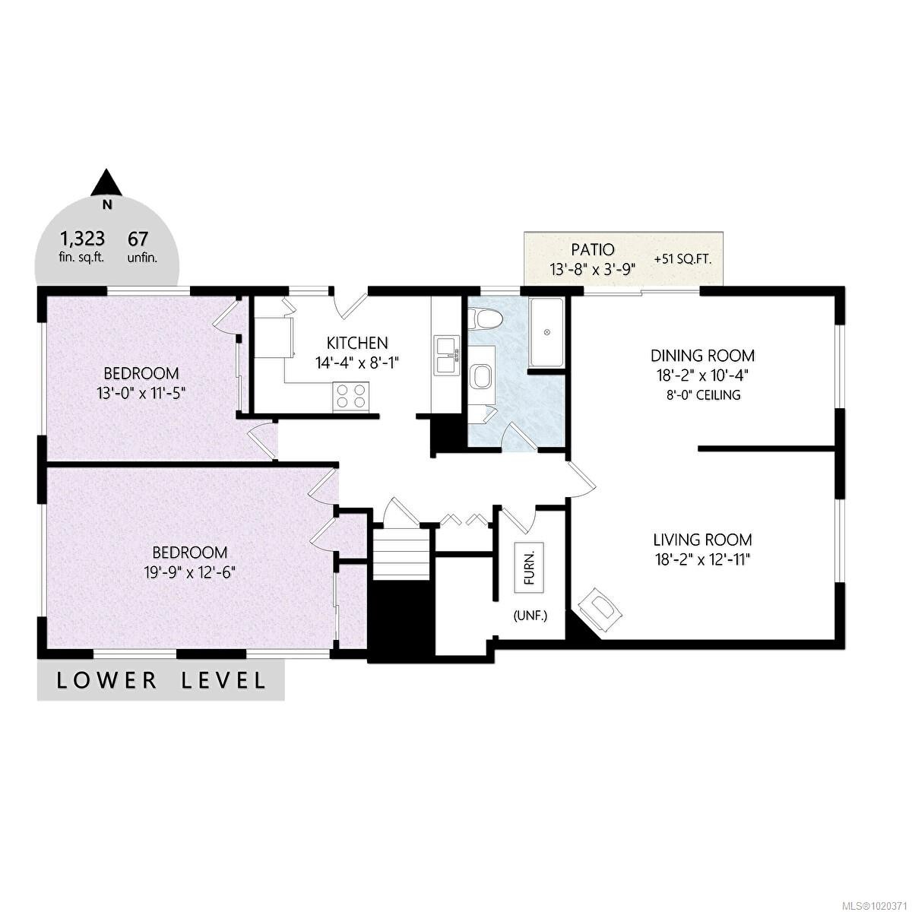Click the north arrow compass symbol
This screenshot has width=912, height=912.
107,183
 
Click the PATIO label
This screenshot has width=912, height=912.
592,249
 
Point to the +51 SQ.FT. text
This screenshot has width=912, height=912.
682,259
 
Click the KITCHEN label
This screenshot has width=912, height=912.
357,343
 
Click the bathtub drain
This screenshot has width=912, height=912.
546,332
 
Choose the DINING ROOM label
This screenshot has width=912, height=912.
702,355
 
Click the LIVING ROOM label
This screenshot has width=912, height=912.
702,540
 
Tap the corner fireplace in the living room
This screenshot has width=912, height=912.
600,609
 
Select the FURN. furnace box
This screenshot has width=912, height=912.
529,567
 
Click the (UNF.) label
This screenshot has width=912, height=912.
530,616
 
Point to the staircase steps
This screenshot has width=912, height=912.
400,556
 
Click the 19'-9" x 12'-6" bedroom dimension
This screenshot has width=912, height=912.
190,572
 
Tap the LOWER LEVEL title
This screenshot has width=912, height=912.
161,679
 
